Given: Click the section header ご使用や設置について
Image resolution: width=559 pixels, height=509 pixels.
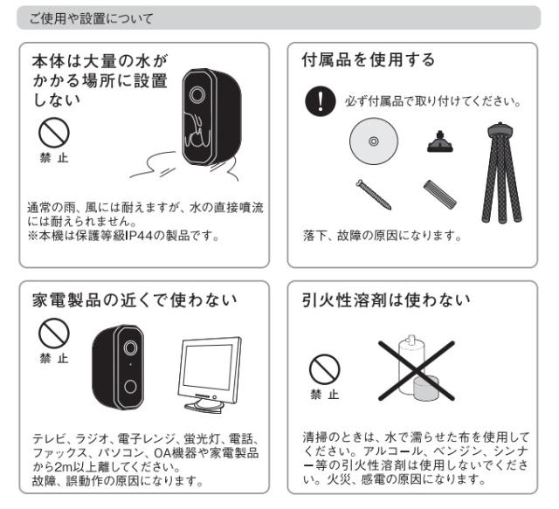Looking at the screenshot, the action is [91, 18].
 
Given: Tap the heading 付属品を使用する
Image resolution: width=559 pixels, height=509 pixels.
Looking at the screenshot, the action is [369, 59].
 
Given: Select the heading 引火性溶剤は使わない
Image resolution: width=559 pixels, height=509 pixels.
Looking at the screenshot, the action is [386, 300].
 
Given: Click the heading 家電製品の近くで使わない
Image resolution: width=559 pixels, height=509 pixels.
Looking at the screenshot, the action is [135, 300].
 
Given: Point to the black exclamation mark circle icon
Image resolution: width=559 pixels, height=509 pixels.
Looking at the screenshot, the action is [321, 101].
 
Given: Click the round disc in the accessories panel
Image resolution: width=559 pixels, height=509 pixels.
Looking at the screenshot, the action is [373, 141].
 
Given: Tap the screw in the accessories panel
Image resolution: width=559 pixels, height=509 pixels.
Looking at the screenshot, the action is [374, 195].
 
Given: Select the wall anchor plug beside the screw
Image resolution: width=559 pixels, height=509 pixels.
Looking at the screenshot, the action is [440, 195].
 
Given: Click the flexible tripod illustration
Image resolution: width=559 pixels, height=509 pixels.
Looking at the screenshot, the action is [500, 173].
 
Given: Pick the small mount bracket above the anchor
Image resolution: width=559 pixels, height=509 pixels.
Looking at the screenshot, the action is [440, 141].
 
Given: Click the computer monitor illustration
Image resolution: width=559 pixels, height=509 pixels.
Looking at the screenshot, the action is [210, 375].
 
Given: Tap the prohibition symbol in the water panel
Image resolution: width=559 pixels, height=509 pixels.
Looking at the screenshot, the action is [54, 133].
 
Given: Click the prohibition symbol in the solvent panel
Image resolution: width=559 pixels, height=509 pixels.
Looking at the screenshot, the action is [324, 369].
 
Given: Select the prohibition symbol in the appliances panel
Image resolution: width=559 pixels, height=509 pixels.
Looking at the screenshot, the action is [54, 334].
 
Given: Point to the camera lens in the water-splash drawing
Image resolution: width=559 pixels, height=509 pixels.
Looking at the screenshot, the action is [197, 94].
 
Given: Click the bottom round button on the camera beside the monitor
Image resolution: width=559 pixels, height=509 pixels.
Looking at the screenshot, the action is [130, 387].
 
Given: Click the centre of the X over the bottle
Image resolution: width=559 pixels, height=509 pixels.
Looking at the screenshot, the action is [417, 371].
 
